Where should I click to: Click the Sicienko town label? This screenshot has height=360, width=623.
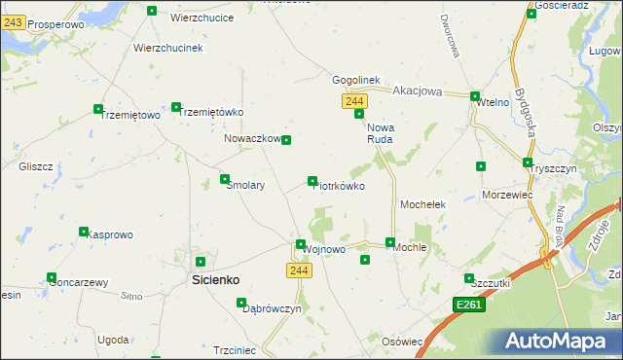(213, 279)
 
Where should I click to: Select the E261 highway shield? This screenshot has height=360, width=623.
(469, 306)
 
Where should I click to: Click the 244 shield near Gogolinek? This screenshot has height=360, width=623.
(354, 102)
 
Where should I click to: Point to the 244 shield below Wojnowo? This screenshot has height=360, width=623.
(300, 270)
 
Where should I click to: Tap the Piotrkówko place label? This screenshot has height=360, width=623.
(340, 186)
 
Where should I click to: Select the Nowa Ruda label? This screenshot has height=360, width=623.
(379, 133)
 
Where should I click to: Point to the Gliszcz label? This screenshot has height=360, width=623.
(35, 166)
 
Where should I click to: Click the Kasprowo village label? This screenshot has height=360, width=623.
(110, 234)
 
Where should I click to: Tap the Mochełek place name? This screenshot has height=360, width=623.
(423, 205)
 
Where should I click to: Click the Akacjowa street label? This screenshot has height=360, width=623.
(418, 91)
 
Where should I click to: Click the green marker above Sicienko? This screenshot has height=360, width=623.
(201, 262)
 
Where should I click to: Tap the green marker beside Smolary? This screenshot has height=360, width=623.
(225, 179)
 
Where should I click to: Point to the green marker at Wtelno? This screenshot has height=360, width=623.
(475, 96)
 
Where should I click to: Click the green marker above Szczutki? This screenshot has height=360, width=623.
(469, 278)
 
